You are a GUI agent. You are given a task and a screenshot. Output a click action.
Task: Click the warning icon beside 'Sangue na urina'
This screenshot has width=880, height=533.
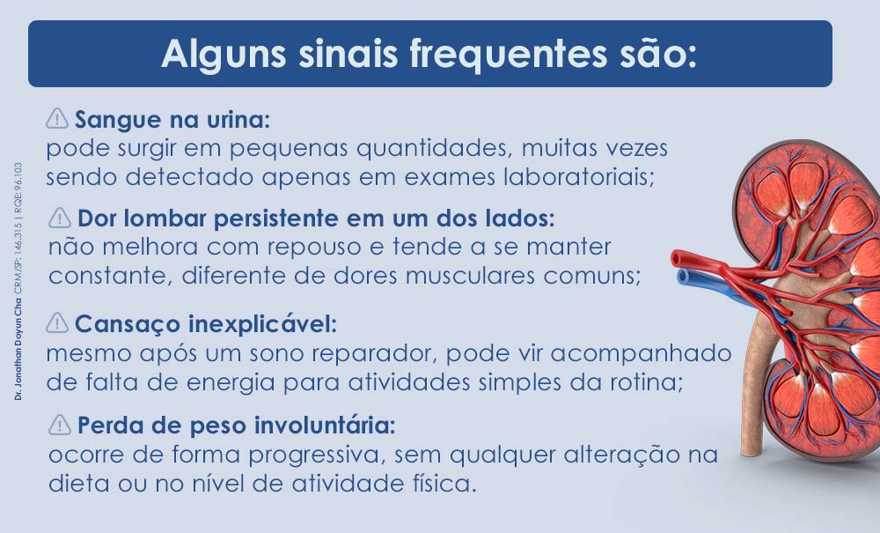[57, 117]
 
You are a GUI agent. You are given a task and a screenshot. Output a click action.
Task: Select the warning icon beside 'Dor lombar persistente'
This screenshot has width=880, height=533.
[60, 216]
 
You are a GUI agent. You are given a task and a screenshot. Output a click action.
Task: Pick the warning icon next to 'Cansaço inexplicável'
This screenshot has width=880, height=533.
[57, 323]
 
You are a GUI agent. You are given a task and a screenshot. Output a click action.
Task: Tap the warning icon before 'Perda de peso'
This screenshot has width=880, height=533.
[60, 425]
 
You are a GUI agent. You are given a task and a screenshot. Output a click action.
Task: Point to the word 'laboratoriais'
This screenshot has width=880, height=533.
[577, 175]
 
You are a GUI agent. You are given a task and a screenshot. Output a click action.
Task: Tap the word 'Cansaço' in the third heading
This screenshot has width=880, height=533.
[115, 324]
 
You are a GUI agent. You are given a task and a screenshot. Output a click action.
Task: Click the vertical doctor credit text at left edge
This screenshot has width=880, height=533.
[18, 282]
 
